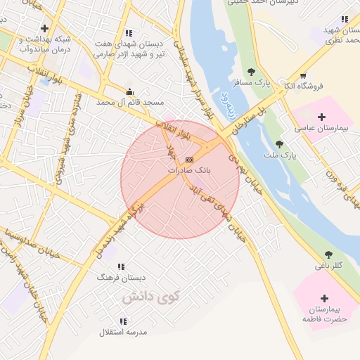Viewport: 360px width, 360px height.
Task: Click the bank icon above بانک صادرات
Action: (188, 160)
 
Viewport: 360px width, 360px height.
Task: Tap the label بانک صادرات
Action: (188, 170)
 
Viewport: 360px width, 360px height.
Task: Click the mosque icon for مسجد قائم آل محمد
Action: (129, 91)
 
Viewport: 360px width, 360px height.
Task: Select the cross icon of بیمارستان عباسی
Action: (322, 117)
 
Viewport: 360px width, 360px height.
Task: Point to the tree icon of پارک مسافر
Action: (251, 72)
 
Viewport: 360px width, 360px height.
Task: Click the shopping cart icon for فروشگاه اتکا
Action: (302, 76)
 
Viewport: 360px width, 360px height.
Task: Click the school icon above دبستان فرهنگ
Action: (121, 266)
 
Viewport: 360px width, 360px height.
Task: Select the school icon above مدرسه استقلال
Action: (124, 321)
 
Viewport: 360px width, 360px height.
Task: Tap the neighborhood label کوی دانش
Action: (150, 297)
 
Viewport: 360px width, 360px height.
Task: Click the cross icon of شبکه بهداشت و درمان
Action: (45, 29)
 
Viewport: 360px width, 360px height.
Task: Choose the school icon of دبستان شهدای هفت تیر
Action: (128, 33)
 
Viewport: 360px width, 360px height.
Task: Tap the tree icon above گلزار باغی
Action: (328, 254)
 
